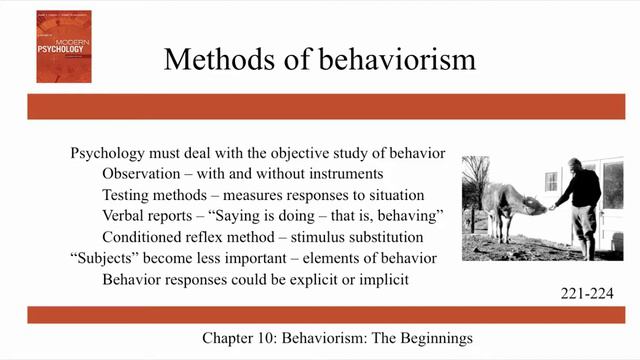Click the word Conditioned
(x=147, y=236)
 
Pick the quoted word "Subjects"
(x=108, y=258)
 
